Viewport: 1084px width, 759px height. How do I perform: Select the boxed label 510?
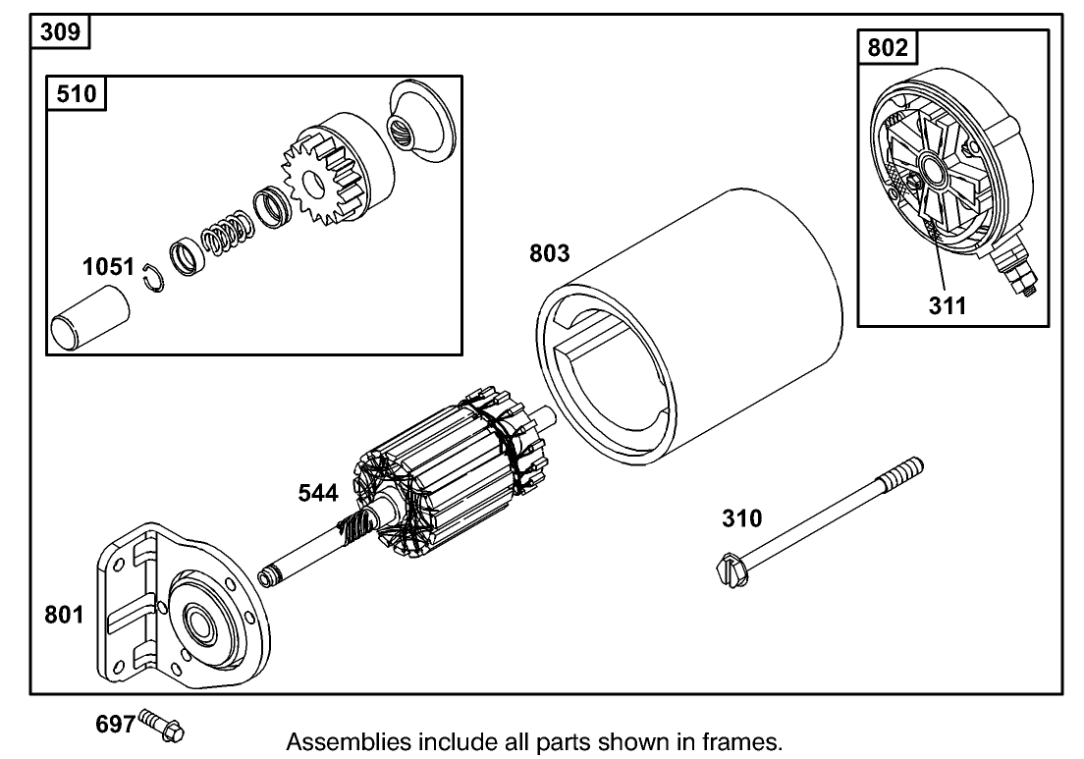(x=78, y=95)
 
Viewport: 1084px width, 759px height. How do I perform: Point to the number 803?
(x=549, y=253)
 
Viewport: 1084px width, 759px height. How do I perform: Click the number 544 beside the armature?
(x=318, y=494)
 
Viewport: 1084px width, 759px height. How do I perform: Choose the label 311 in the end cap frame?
(x=948, y=305)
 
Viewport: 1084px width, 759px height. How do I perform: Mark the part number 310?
(x=741, y=517)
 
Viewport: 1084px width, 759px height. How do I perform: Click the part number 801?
(x=66, y=616)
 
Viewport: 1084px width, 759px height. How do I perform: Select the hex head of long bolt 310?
(x=728, y=567)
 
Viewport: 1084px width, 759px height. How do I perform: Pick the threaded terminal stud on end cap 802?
(x=1017, y=274)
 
